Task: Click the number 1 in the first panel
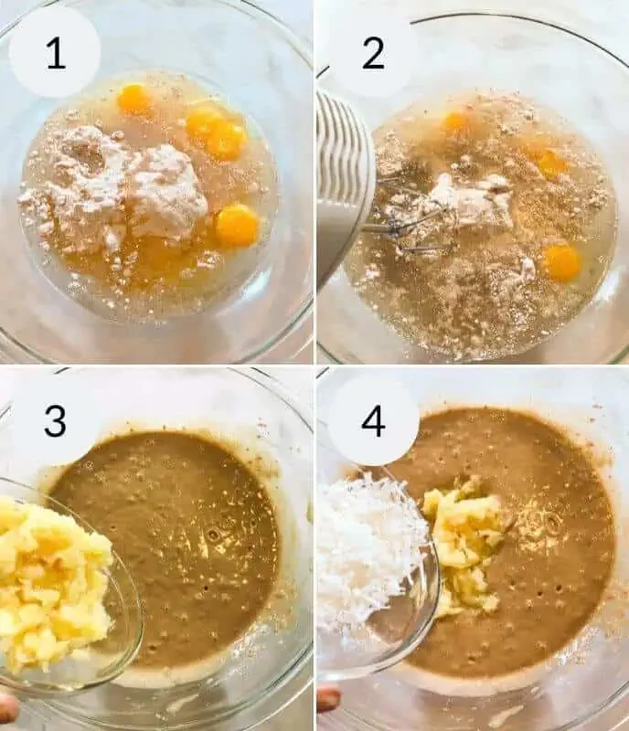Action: [x=56, y=54]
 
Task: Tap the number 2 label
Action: [x=373, y=54]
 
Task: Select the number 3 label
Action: [x=55, y=420]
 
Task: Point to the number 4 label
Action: [x=373, y=420]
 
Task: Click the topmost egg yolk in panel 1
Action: [x=134, y=99]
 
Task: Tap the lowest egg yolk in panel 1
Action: [x=238, y=226]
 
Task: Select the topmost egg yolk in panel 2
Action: [x=455, y=122]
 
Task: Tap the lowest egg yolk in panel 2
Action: [x=562, y=262]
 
